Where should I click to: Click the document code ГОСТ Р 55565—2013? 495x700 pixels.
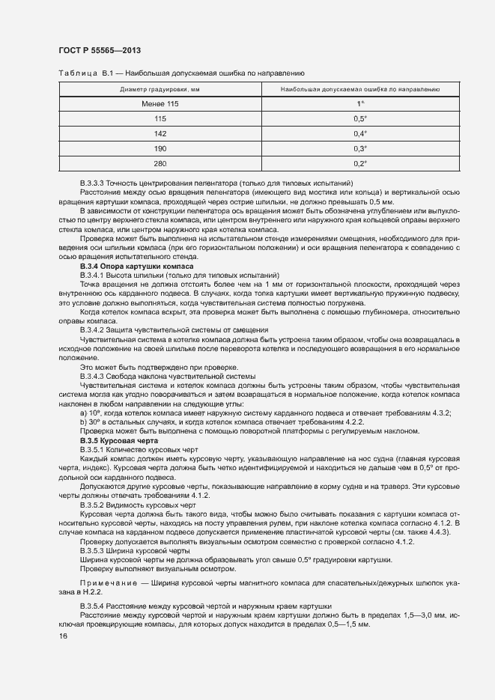(100, 51)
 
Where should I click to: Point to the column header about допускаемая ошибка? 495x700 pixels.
(360, 90)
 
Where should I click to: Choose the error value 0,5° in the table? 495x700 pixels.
(360, 118)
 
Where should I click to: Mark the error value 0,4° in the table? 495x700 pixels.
(360, 133)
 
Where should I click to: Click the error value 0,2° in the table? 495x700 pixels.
(360, 163)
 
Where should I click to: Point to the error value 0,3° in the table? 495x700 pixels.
(360, 148)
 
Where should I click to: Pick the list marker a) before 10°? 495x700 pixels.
(83, 413)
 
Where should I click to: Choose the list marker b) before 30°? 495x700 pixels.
(83, 422)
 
